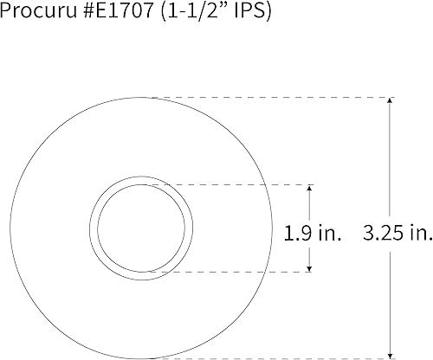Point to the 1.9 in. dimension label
pyautogui.click(x=313, y=232)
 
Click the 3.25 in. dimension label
pyautogui.click(x=397, y=232)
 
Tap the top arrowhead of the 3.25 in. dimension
pyautogui.click(x=391, y=103)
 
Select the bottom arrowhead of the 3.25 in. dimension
pyautogui.click(x=391, y=352)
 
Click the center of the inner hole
pyautogui.click(x=140, y=228)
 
